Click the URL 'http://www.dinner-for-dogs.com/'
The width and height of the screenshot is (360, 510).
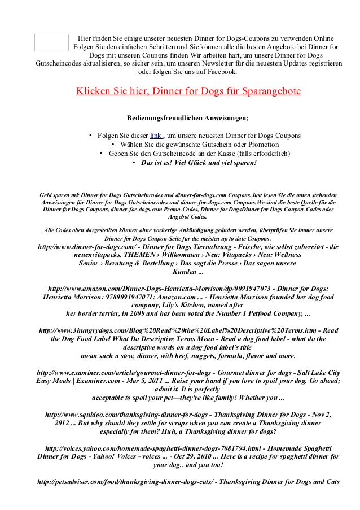[93, 247]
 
